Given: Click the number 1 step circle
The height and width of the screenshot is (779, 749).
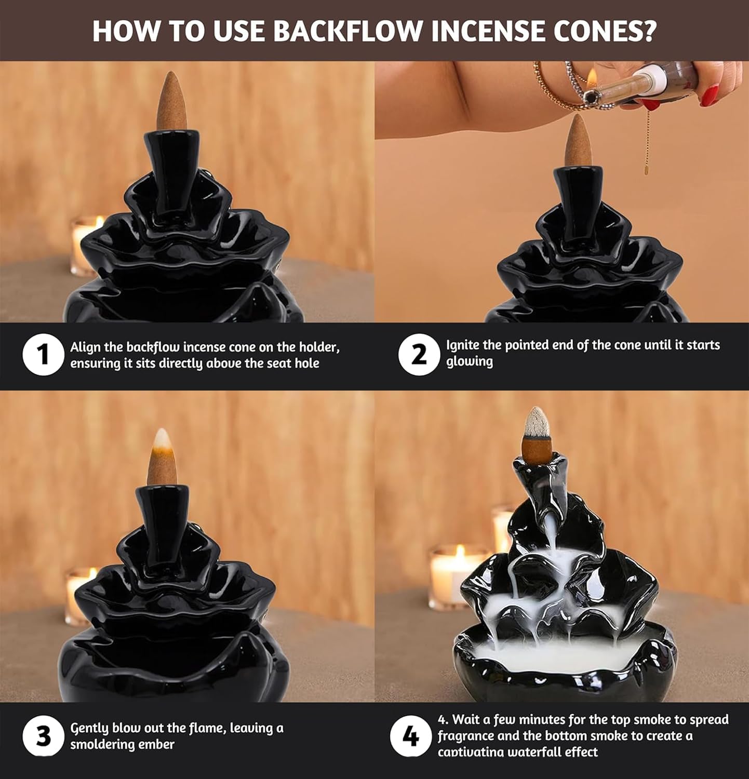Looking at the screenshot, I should coord(43,355).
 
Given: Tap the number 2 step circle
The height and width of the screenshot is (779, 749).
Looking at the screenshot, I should coord(419,355).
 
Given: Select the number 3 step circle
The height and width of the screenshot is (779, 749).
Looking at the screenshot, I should coord(43,736).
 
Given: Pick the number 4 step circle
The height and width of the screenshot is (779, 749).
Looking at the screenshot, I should coord(410,736).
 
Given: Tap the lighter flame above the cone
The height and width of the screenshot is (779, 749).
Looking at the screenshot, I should coord(592,78).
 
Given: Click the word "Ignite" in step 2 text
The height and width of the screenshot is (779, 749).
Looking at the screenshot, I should coord(462,346).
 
